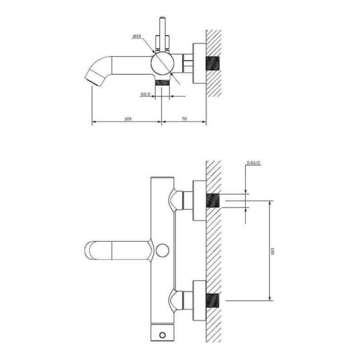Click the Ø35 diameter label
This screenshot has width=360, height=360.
(x=137, y=37)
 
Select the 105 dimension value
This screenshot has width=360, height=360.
(x=128, y=119)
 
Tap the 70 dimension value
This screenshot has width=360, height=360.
(x=184, y=119)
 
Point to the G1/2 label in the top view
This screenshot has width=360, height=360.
(x=145, y=94)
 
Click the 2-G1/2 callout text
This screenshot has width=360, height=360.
(x=253, y=163)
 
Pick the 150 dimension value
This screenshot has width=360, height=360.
(x=272, y=251)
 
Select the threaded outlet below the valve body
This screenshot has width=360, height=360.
(x=162, y=83)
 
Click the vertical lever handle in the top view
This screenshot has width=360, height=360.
(x=163, y=33)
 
